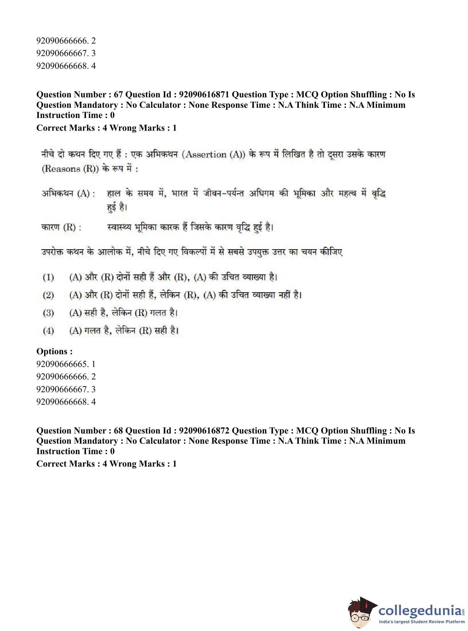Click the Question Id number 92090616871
(x=204, y=95)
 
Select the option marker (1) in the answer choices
(x=48, y=277)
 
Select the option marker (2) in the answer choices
(x=48, y=295)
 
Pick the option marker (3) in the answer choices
(x=48, y=313)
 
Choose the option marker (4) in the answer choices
(x=48, y=331)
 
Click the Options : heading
(x=54, y=351)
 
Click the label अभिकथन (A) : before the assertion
(x=68, y=194)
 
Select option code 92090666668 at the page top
(x=61, y=66)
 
